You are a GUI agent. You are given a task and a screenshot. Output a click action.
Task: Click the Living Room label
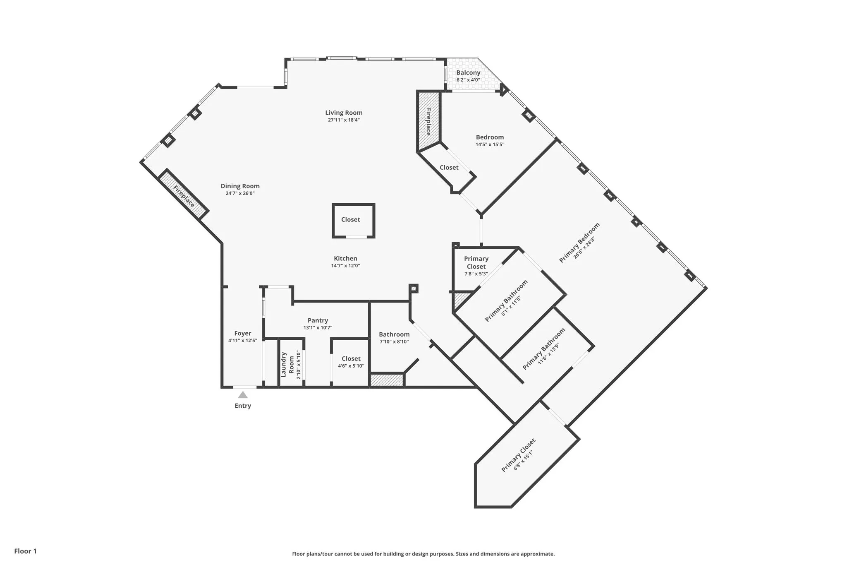(x=344, y=113)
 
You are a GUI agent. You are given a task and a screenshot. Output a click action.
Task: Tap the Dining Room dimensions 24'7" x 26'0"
(x=240, y=193)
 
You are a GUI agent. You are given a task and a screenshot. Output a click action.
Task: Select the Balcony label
(x=468, y=73)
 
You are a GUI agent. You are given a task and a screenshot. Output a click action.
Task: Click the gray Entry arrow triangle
(x=243, y=395)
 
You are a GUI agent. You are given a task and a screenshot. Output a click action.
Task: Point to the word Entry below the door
(x=243, y=406)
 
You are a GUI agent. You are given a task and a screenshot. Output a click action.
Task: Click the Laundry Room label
(x=287, y=365)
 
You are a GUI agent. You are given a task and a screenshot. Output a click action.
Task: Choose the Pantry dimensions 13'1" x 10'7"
(x=318, y=328)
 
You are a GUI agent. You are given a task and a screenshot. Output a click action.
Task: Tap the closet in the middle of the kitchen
(x=351, y=220)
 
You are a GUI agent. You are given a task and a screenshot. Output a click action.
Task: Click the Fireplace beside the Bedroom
(x=428, y=122)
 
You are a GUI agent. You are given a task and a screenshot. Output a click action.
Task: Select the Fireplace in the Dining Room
(x=184, y=196)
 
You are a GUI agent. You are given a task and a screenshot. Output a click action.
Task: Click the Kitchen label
(x=345, y=258)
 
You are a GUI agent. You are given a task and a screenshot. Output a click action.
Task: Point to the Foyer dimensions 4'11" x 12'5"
(x=243, y=341)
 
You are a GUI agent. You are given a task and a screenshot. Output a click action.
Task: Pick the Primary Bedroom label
(x=579, y=243)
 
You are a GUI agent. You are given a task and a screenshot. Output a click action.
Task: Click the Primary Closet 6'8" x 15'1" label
(x=518, y=455)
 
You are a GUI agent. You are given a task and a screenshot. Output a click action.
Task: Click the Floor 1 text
(x=26, y=551)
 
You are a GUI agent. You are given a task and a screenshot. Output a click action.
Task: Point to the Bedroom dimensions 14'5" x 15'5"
(x=490, y=144)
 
